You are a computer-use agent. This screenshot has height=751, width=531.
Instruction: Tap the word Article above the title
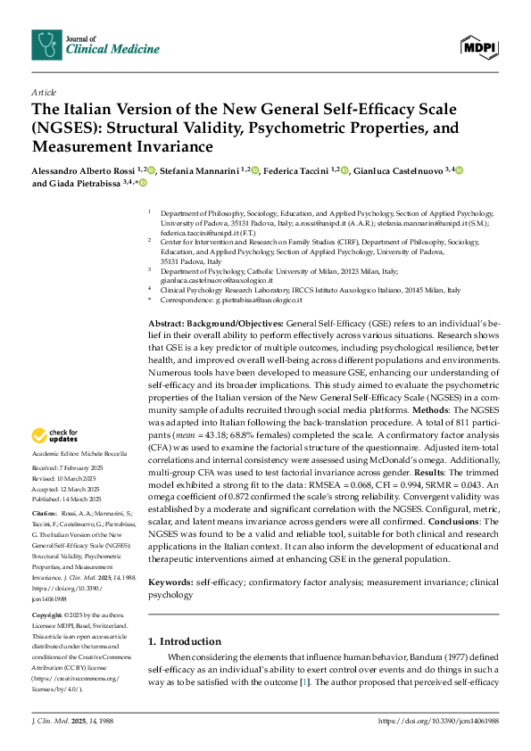click(x=43, y=92)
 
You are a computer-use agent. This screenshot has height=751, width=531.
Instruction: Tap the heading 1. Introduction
click(x=185, y=615)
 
